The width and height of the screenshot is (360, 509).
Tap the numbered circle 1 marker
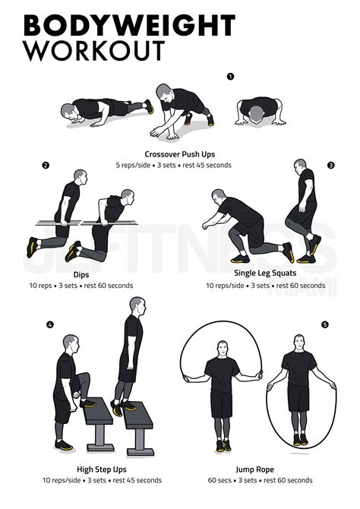230,76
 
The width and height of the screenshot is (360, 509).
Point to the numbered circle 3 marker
330,165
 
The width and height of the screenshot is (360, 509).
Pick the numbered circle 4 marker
50,325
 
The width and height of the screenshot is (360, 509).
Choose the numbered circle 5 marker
325,325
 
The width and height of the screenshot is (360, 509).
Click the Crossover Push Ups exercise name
179,154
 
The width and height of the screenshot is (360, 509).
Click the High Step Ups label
98,469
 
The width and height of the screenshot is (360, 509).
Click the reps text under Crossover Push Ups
179,165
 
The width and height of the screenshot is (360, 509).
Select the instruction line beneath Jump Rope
259,480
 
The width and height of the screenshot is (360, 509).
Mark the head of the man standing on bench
137,305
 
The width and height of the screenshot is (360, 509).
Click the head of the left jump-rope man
222,349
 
